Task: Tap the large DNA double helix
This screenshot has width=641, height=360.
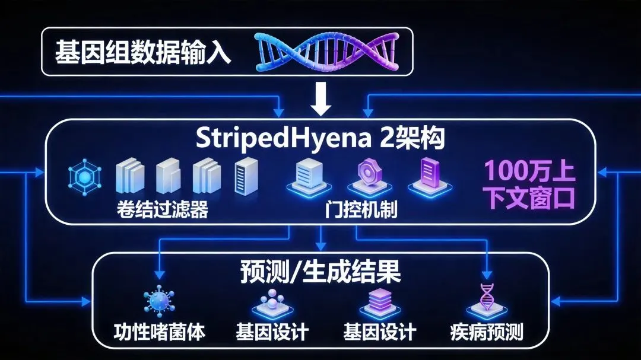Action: click(326, 52)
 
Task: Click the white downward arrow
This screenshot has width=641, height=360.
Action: click(321, 100)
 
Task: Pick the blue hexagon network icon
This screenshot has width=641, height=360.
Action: click(86, 176)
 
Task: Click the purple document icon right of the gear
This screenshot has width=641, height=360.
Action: click(426, 174)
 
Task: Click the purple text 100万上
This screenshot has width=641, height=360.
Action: click(530, 171)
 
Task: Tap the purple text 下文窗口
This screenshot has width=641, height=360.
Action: click(530, 197)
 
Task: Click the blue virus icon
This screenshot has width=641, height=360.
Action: click(158, 301)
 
